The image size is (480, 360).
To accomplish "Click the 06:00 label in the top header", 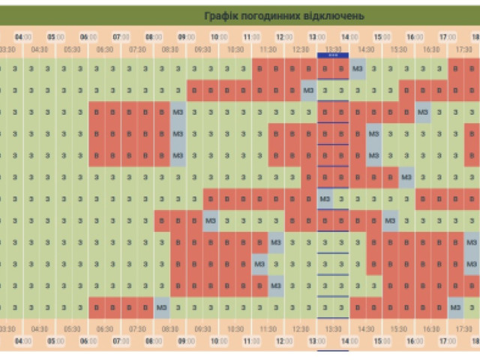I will coord(88,37).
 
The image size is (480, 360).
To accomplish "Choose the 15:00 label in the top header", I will coord(382,37).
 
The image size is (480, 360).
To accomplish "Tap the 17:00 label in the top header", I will coord(448,37).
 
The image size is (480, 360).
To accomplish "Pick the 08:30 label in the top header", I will coord(170,49).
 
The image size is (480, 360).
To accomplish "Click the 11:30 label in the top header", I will coord(268,49).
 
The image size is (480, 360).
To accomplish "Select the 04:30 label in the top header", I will coord(40,49).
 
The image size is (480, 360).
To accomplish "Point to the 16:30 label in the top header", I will coord(431,49).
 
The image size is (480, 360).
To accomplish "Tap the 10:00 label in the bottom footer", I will coord(218,341).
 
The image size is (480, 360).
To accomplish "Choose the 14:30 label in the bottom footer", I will coord(366,328).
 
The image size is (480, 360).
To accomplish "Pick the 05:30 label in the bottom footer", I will coord(72,328).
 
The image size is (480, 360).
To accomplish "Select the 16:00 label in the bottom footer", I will coord(415,341).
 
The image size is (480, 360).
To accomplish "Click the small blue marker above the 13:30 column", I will coord(333,55).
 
